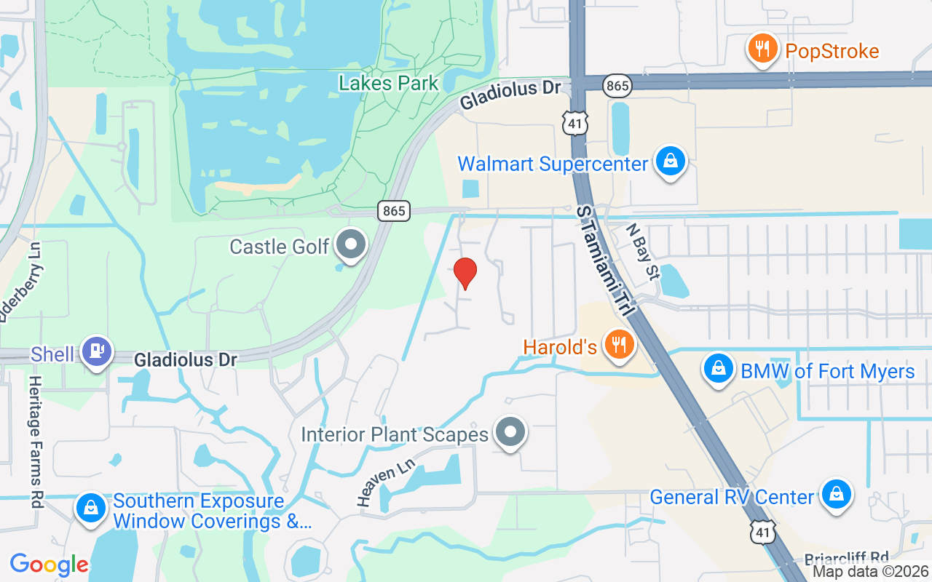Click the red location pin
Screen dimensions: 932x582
(465, 272)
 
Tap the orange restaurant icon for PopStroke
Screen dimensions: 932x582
(762, 49)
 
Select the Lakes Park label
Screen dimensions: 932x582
(389, 83)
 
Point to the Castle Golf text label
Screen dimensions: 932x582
(280, 247)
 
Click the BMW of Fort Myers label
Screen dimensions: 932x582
(827, 372)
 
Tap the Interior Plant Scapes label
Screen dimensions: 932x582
(395, 435)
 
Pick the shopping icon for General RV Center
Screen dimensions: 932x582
(836, 495)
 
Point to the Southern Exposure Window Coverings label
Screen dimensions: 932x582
(212, 511)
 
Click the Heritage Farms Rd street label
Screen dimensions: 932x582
(36, 442)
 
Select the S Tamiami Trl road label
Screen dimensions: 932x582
(604, 259)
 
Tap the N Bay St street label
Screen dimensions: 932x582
(642, 251)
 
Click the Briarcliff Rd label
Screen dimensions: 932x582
(847, 558)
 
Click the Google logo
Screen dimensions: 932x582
(50, 565)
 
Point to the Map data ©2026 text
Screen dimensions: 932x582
(870, 571)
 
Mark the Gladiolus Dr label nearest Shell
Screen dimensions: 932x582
(186, 359)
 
